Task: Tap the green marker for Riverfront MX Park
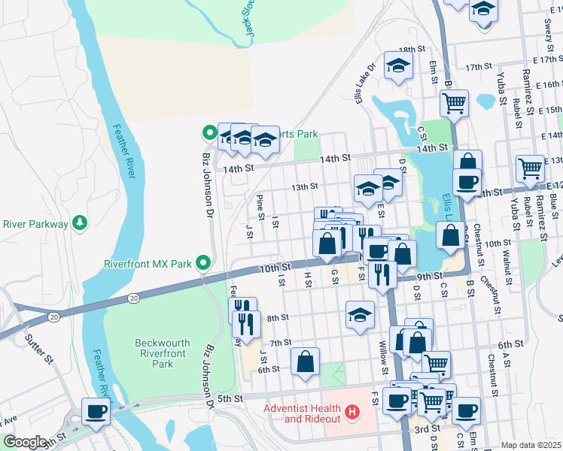coord(202,263)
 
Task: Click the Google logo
coord(24,441)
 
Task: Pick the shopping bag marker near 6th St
coord(306,361)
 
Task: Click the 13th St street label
coord(306,186)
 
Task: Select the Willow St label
coord(383,360)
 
